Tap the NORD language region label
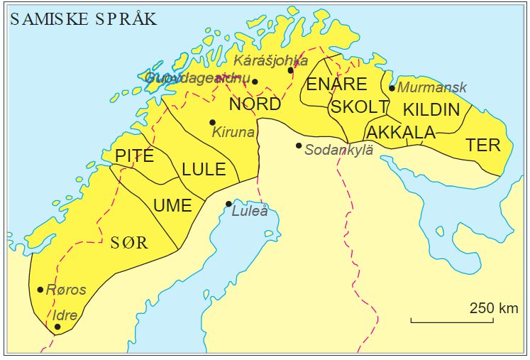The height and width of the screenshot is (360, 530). [x=255, y=104]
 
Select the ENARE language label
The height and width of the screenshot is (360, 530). [x=336, y=84]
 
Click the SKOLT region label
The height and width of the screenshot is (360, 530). [x=359, y=107]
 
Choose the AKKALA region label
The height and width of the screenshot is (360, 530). [x=400, y=133]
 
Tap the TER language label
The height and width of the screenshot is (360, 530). [x=482, y=146]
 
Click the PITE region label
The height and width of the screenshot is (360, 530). [x=134, y=156]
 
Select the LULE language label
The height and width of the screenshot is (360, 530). [x=204, y=170]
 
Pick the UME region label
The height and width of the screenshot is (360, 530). [x=172, y=206]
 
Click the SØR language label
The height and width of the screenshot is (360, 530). [x=129, y=243]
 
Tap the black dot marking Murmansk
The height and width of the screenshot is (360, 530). [x=392, y=88]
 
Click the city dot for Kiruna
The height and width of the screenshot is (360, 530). [x=212, y=122]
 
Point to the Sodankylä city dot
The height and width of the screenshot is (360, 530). [x=299, y=146]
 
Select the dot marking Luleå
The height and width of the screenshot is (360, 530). [x=228, y=204]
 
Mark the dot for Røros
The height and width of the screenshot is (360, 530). [x=40, y=289]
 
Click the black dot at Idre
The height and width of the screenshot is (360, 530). [x=57, y=327]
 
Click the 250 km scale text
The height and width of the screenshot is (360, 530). [x=493, y=308]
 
